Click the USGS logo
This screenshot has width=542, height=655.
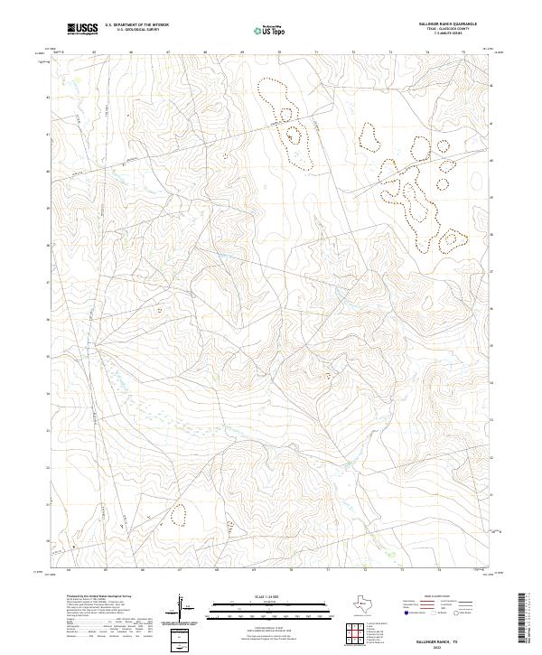click(x=82, y=29)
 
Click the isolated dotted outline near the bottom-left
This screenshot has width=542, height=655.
click(x=178, y=515)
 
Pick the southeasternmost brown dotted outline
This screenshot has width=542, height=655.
click(x=449, y=239)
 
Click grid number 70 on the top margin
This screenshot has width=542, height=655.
click(x=280, y=53)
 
